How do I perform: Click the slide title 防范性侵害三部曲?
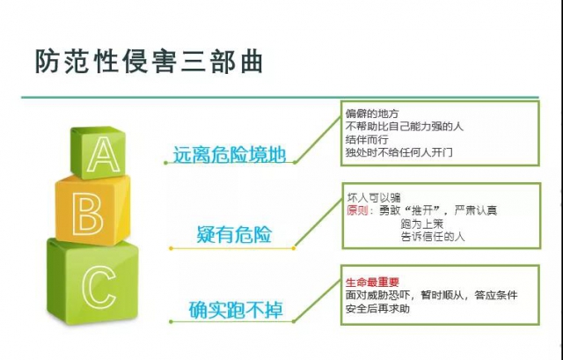tap(149, 61)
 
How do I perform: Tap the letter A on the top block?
tap(104, 155)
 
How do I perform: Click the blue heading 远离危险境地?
tap(230, 155)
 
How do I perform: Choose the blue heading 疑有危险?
tap(234, 235)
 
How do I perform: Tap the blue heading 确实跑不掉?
tap(236, 310)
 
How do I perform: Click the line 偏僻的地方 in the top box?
tap(372, 114)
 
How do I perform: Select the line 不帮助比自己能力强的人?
tap(405, 127)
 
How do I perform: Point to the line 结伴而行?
tap(367, 139)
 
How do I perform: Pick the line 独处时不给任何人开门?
tap(398, 152)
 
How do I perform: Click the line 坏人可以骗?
tap(374, 198)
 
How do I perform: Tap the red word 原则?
tap(358, 210)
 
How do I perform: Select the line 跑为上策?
tap(422, 224)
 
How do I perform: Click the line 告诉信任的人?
tap(433, 237)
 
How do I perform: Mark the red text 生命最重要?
tap(372, 283)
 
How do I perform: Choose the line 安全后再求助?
tap(377, 309)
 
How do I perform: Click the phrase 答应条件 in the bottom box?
tap(496, 296)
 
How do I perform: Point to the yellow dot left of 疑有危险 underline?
tap(171, 248)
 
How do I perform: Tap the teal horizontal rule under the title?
tap(280, 97)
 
